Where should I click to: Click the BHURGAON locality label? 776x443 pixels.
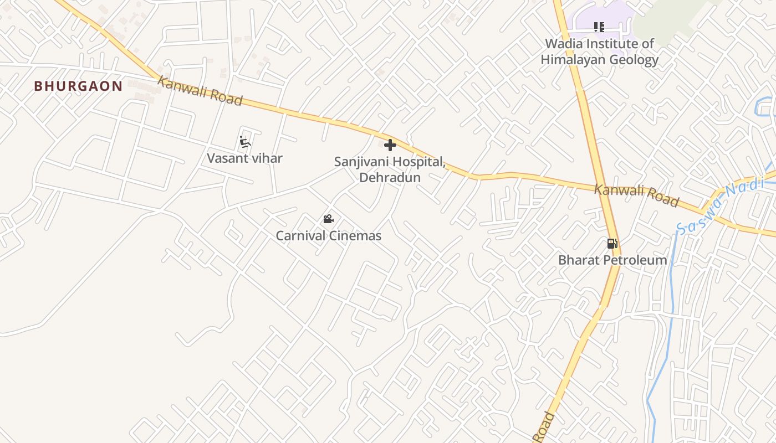pos(78,86)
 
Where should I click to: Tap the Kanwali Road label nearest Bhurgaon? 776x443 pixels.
pos(200,91)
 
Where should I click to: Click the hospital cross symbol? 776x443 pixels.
pos(390,145)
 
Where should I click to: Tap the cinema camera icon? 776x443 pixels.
pos(329,219)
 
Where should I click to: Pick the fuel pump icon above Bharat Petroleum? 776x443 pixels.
pos(612,243)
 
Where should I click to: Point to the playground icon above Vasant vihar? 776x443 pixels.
pos(244,142)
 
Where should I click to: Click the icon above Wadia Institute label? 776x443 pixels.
pos(599,27)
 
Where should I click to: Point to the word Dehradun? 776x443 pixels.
pos(390,178)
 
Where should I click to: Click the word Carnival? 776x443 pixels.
pos(300,236)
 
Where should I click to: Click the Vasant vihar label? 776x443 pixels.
pos(244,158)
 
